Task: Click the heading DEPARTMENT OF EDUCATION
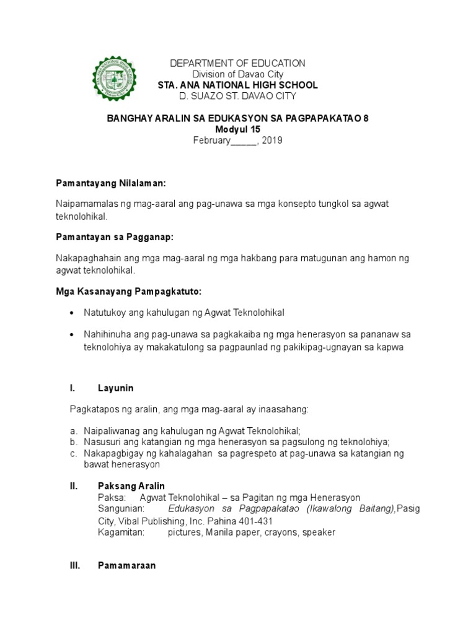tap(238, 63)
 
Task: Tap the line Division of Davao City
tap(238, 74)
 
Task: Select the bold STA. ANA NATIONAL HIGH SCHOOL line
tap(238, 85)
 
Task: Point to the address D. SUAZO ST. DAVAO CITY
tap(238, 96)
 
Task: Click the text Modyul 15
tap(238, 129)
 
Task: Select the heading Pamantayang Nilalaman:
tap(112, 184)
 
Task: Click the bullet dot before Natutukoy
tap(73, 313)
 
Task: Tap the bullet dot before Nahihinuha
tap(73, 335)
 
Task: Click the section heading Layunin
tap(116, 388)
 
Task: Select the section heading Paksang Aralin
tap(131, 486)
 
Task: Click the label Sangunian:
tap(121, 509)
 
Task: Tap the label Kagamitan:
tap(121, 532)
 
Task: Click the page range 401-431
tap(254, 521)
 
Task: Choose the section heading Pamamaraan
tap(127, 565)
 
